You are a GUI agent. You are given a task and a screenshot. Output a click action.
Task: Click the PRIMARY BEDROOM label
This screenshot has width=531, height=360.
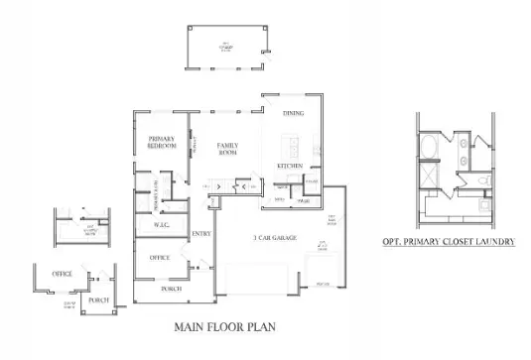coord(162,142)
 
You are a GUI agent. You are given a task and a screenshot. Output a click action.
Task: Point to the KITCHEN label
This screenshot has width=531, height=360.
coord(289,165)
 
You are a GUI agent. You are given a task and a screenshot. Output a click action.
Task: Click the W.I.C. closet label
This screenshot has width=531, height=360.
coord(165,224)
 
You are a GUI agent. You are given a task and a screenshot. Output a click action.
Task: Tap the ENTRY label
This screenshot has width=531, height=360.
coord(201,234)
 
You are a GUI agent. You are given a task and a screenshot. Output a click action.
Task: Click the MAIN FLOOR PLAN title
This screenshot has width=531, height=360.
coord(224,324)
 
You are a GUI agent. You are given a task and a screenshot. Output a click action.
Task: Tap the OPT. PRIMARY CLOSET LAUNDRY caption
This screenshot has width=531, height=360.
coord(448,241)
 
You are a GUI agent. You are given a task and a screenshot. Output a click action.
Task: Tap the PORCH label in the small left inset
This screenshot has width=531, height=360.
coord(98,300)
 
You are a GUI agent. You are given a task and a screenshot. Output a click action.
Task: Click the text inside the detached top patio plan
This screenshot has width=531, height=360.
coord(227,45)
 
